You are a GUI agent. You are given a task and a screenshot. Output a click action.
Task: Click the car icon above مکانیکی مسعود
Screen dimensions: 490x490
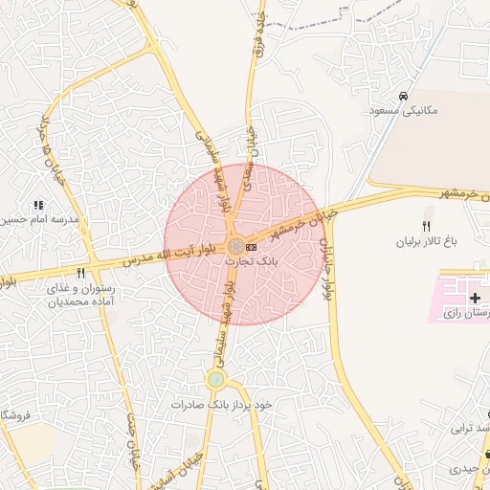click(x=404, y=97)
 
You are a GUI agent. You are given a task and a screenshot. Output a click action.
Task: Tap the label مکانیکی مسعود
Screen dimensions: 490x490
click(x=403, y=111)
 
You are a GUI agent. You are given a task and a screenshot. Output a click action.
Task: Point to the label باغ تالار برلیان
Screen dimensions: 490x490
click(x=430, y=241)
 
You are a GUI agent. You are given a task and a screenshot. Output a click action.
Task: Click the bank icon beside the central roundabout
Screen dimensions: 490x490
click(x=252, y=247)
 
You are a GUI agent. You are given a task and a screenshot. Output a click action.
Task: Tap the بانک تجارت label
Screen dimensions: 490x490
click(x=252, y=260)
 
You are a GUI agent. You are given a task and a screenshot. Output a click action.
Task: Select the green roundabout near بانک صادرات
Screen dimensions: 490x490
click(x=216, y=379)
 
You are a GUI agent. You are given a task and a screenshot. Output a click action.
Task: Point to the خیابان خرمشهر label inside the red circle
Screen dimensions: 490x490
click(x=282, y=226)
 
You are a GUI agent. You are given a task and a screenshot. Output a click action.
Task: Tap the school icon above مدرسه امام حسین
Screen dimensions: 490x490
click(x=38, y=205)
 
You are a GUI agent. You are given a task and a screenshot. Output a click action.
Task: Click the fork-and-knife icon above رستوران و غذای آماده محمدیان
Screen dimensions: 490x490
click(x=81, y=273)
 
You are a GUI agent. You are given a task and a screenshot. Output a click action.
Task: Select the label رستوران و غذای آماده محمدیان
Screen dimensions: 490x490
click(x=81, y=294)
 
